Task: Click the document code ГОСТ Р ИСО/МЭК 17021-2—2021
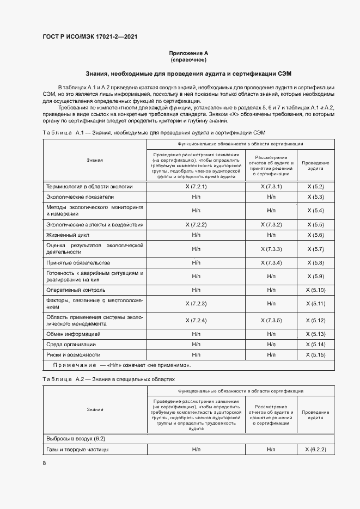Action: point(89,36)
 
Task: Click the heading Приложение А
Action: point(188,53)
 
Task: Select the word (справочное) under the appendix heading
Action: point(188,59)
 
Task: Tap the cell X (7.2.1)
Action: point(196,186)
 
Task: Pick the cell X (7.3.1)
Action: point(271,186)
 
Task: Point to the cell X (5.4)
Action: point(315,211)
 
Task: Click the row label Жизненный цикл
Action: point(68,235)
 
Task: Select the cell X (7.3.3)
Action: point(271,249)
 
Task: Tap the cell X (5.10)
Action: point(315,290)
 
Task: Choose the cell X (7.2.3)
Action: point(196,303)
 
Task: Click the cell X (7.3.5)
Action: point(271,320)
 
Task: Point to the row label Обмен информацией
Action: point(73,334)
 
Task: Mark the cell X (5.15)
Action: point(315,355)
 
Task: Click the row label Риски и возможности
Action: point(73,355)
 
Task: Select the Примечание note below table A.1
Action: point(122,365)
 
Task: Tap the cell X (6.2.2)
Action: point(315,450)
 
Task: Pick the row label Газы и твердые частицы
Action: point(77,450)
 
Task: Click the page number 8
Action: point(44,463)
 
